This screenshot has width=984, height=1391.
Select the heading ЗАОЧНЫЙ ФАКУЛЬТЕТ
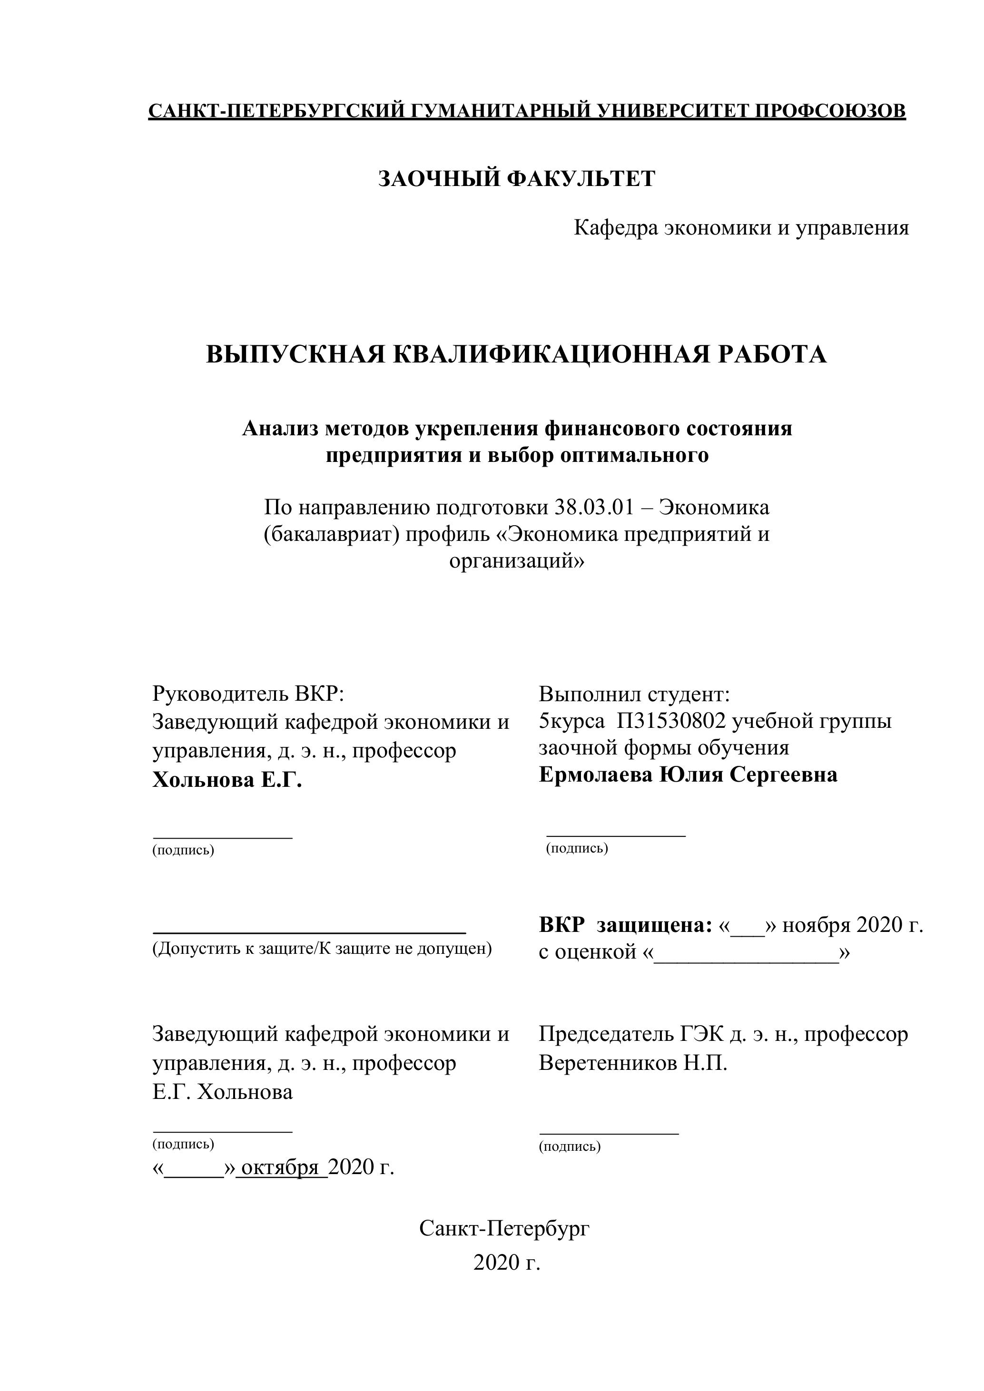tap(517, 179)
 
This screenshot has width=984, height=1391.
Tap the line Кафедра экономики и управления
tap(741, 228)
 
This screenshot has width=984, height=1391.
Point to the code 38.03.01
tap(593, 507)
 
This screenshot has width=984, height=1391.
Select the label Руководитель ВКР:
tap(248, 694)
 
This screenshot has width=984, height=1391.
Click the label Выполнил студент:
tap(634, 694)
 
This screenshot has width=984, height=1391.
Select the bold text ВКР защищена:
tap(625, 925)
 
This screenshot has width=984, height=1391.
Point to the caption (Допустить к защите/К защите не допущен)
tap(322, 948)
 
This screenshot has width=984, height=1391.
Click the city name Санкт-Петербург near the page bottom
tap(504, 1229)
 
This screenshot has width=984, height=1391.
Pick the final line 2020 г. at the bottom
tap(507, 1263)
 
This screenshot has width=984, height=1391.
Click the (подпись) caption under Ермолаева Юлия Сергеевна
tap(577, 848)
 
